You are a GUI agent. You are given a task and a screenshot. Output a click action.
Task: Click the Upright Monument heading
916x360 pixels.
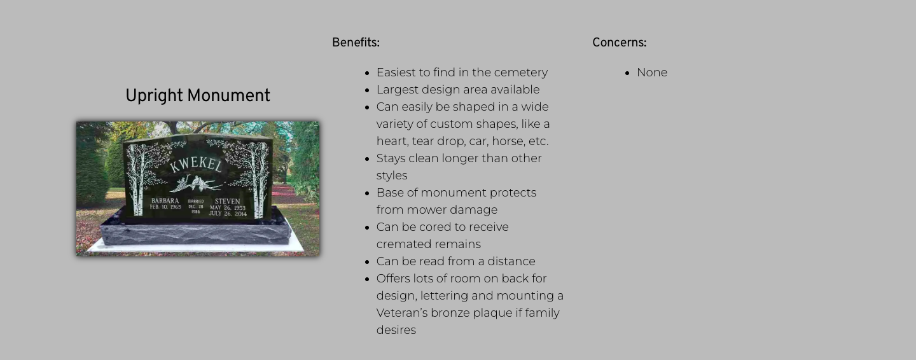(x=197, y=96)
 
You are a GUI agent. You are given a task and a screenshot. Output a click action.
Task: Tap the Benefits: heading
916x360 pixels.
(x=356, y=43)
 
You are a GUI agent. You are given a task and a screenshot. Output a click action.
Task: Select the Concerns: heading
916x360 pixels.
(x=619, y=43)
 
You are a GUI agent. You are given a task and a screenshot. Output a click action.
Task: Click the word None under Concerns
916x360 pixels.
(x=652, y=73)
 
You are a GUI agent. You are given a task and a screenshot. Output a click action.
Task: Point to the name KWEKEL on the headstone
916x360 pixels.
(x=196, y=164)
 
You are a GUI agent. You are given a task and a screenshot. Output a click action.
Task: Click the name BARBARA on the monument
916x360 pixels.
(x=165, y=200)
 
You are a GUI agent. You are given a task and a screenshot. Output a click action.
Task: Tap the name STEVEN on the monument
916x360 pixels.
(x=227, y=201)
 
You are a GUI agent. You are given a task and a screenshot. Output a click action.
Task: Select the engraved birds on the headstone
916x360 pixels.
(x=197, y=183)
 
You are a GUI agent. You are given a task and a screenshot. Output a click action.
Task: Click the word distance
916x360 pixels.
(x=511, y=261)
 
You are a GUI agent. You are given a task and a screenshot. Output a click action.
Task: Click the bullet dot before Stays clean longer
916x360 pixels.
(x=367, y=159)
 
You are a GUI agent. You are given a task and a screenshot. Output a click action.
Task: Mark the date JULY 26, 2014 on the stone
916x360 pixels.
(x=228, y=214)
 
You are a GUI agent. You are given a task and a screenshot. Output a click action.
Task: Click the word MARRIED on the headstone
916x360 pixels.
(x=196, y=201)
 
